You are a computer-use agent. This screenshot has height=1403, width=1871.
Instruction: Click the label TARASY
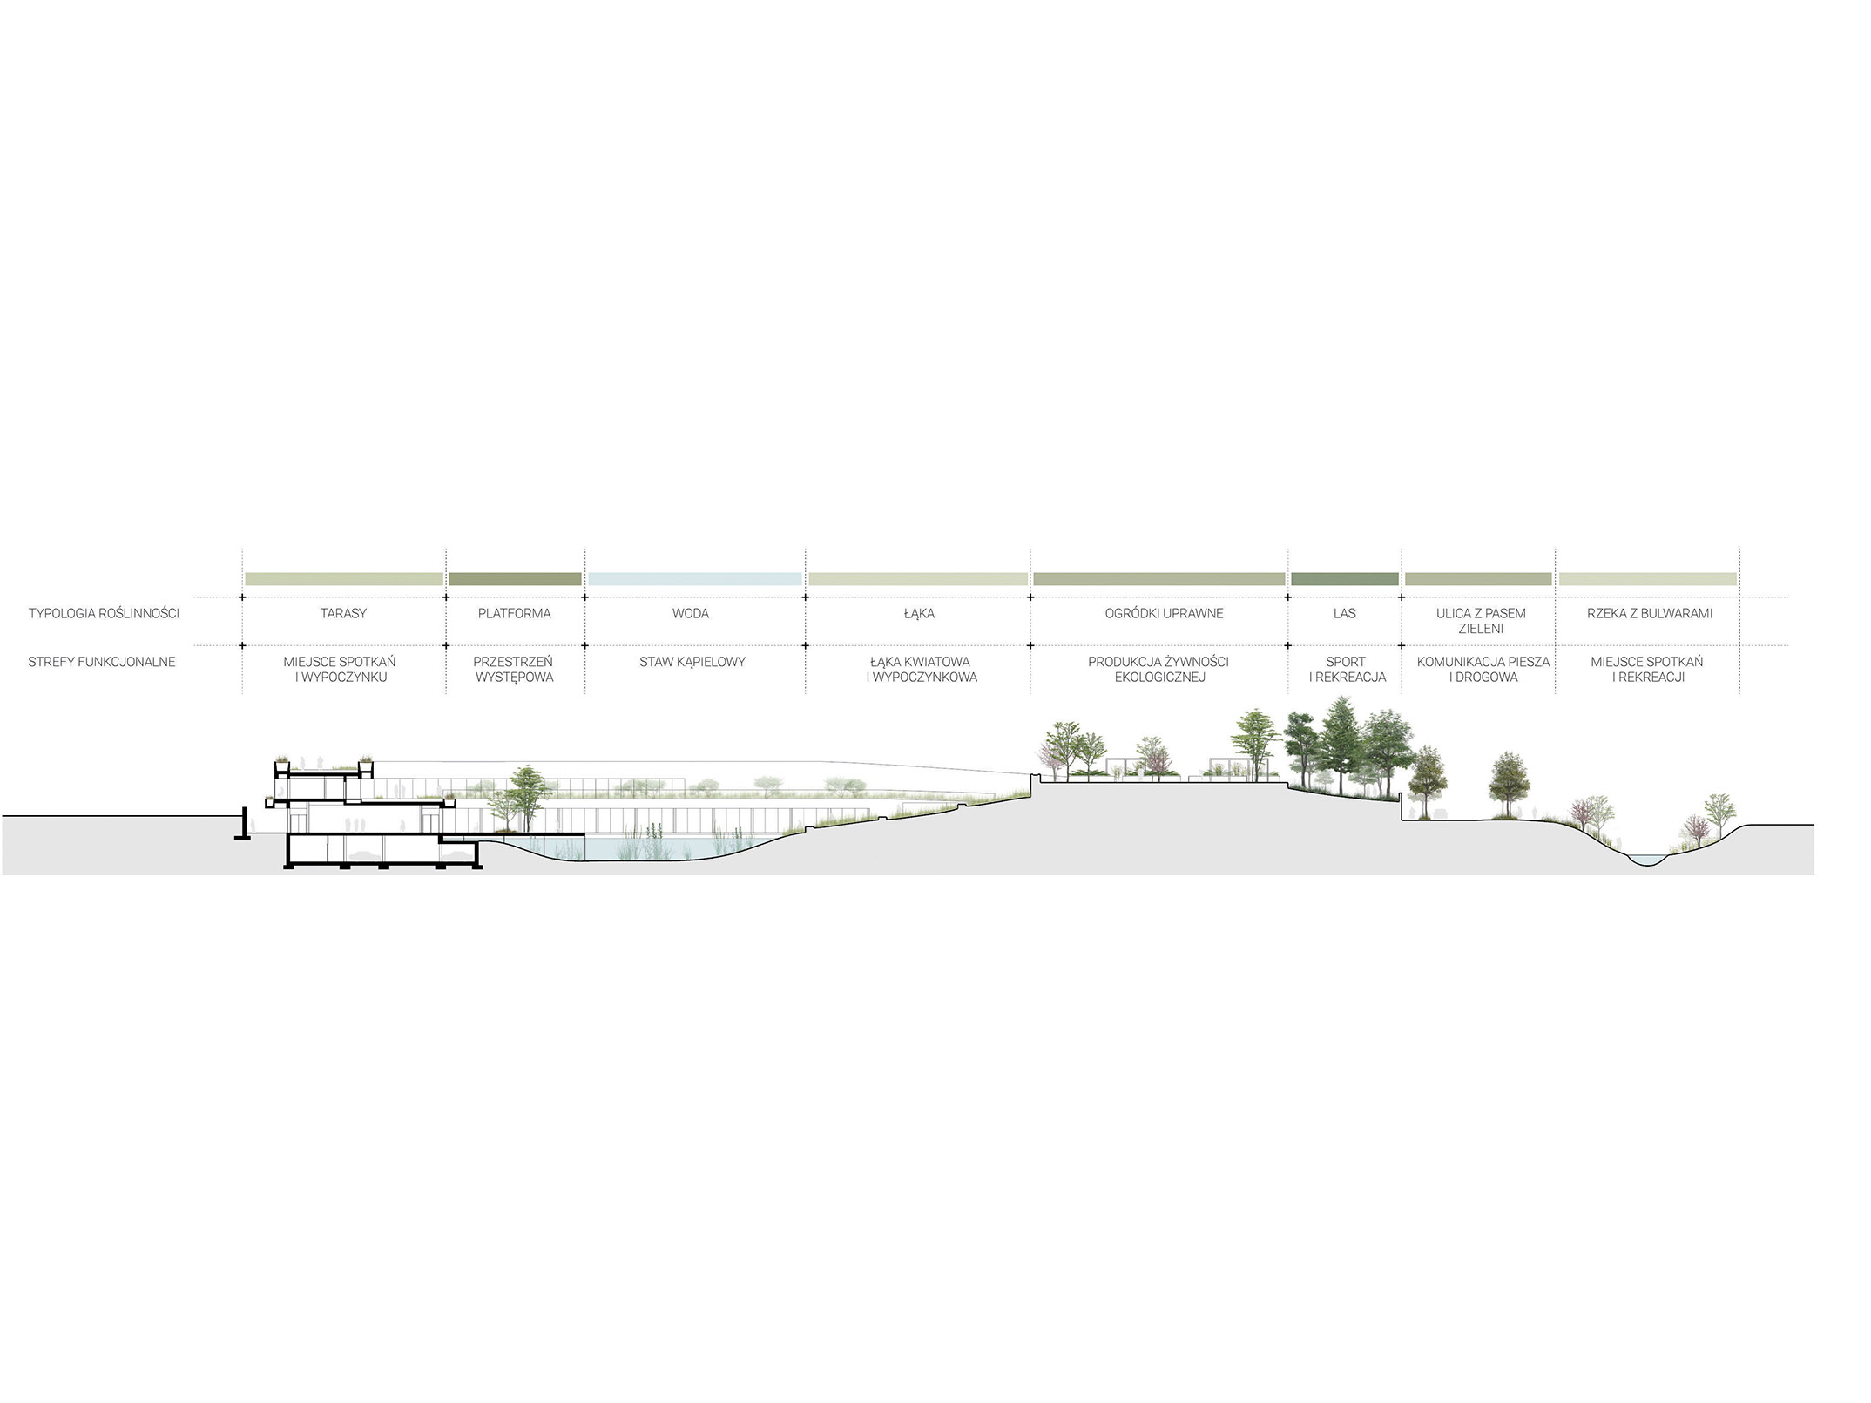pos(343,613)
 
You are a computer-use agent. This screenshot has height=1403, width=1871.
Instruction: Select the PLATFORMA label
pos(515,613)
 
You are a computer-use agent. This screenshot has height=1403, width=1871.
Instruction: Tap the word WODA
pos(691,613)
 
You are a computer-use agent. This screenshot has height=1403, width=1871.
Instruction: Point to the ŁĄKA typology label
pos(919,613)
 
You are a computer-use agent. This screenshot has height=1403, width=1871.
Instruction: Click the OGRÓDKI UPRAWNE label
pos(1164,613)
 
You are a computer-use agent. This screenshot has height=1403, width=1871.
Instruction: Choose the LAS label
pos(1345,613)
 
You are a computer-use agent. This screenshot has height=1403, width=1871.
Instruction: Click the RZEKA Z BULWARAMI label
pos(1650,613)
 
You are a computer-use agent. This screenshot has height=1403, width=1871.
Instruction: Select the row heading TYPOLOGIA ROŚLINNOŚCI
pos(104,613)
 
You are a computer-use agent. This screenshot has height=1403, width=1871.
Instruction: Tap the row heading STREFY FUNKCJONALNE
pos(102,662)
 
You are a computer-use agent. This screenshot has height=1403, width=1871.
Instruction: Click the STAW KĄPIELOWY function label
pos(692,662)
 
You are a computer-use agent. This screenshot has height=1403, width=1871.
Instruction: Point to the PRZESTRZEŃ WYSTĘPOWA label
pos(515,669)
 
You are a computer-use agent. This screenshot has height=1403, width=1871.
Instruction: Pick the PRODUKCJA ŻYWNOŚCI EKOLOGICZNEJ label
pos(1159,669)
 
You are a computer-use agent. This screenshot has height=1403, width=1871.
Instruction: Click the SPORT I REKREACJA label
pos(1347,669)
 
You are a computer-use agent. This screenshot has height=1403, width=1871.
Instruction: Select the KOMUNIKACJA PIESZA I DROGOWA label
pos(1483,669)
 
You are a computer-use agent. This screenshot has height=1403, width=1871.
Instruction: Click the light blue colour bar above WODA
pos(694,578)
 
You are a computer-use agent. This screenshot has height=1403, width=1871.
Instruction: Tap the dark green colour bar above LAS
pos(1345,578)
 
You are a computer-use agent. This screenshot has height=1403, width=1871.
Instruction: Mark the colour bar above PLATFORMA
pos(515,578)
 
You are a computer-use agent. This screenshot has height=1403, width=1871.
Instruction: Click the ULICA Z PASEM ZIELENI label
pos(1481,621)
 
